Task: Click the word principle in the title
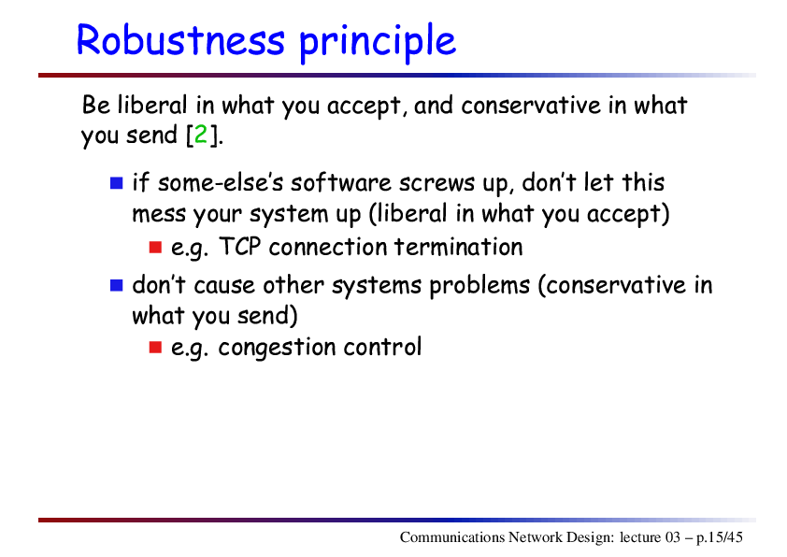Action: pos(378,43)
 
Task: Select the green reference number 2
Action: pos(201,135)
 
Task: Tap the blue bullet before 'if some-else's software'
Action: pos(117,182)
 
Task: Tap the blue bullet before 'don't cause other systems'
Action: pos(117,285)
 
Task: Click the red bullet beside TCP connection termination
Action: pos(155,247)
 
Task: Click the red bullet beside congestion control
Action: pos(155,348)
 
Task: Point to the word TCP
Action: pos(239,247)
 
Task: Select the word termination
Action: pos(458,247)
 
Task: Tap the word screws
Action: pos(436,183)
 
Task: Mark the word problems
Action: pos(479,286)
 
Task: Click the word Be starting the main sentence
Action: pos(96,105)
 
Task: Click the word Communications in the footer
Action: pos(452,537)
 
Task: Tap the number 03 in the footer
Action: pos(673,537)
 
